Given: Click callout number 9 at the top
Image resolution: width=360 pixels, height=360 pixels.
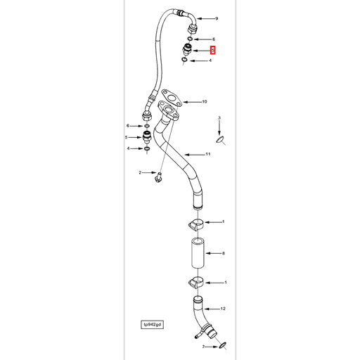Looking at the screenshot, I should (x=217, y=18).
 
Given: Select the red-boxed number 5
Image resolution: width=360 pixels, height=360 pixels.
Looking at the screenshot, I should (x=214, y=51).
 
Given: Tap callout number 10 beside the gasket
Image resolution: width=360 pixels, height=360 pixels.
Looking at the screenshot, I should (x=205, y=102).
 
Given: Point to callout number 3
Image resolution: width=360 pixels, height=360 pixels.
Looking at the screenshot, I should (x=219, y=117).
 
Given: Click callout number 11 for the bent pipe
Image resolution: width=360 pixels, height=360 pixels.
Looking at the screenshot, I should (x=208, y=154).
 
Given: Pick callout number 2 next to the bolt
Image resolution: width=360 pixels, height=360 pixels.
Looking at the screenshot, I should (x=140, y=172).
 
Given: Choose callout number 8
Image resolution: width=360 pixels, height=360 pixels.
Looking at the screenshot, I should (x=223, y=252).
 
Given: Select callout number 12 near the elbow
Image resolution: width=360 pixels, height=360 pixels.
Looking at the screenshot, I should (x=223, y=308).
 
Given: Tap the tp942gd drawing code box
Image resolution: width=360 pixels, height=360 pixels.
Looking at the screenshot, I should (x=151, y=325).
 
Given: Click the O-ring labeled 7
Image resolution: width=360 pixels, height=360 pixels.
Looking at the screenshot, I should (x=221, y=345).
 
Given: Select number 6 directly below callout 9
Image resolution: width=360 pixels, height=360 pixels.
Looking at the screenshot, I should (x=214, y=39).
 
